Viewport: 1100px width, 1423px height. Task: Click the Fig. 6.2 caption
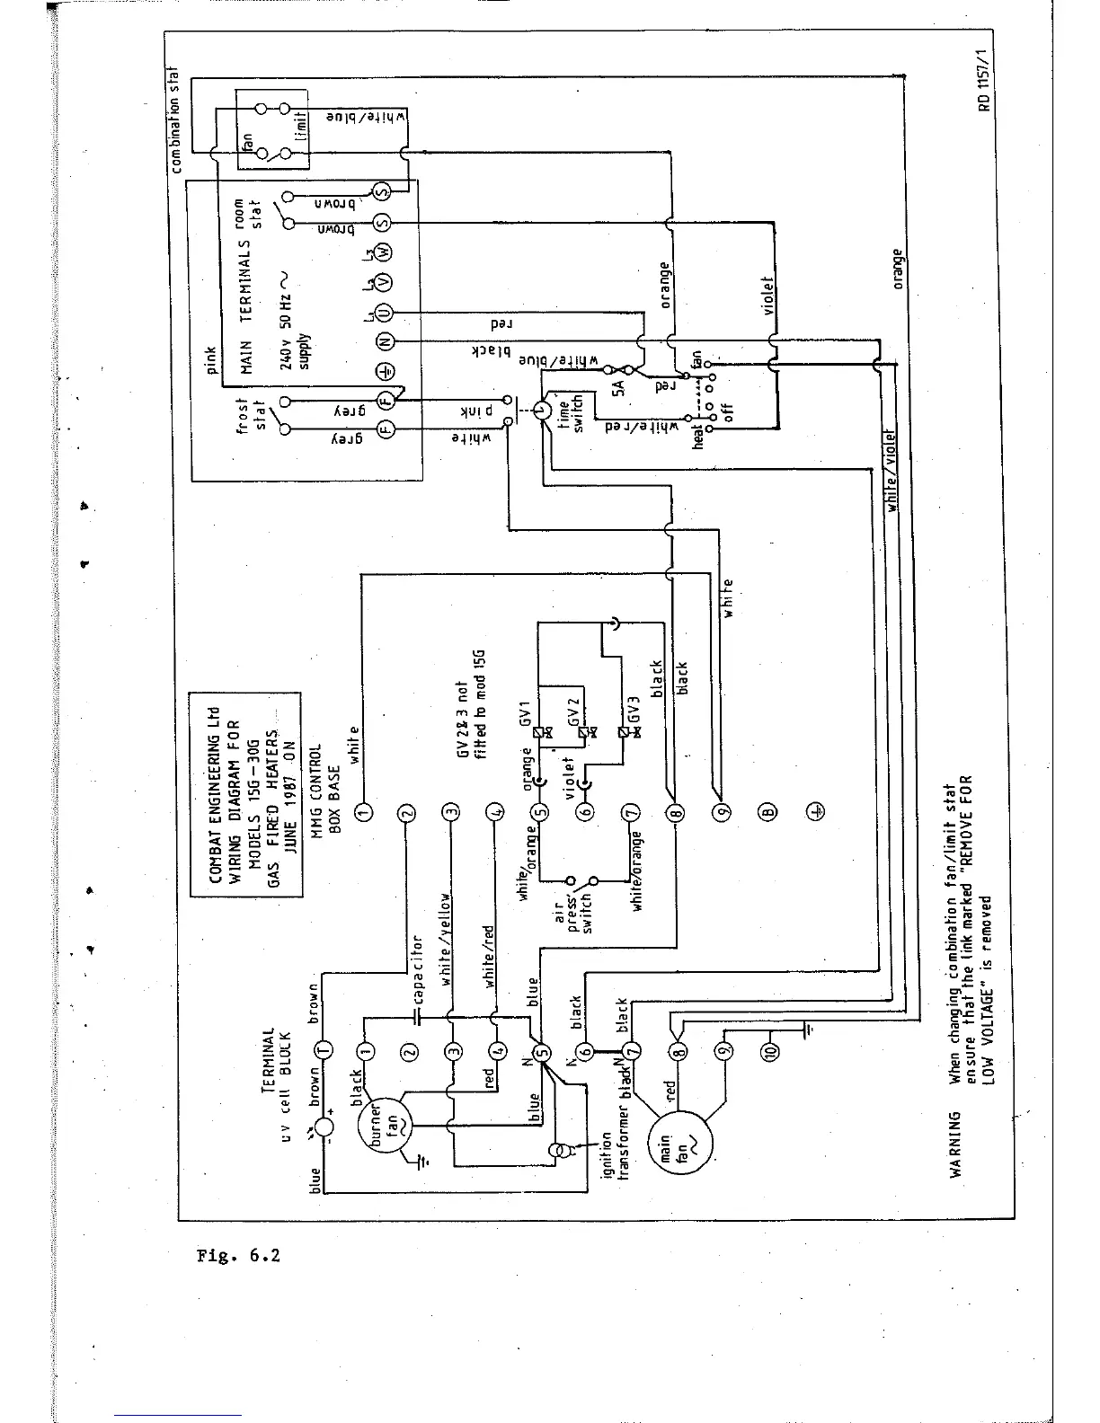click(238, 1255)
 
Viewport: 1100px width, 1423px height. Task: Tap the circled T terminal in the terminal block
click(323, 1050)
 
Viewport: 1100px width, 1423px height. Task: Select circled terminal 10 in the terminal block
click(767, 1050)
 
